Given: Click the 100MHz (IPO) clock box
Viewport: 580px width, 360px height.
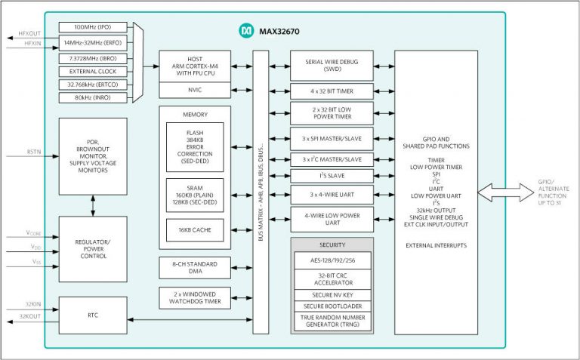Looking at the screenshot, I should coord(93,26).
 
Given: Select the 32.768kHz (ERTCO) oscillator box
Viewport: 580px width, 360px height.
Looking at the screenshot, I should coord(93,85).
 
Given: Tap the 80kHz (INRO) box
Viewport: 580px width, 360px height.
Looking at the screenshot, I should coord(93,97).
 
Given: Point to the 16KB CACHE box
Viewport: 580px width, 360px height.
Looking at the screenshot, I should coord(195,229).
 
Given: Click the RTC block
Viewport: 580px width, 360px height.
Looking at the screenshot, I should coord(93,316).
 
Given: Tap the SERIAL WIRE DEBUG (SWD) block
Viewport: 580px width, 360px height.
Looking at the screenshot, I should coord(332,66).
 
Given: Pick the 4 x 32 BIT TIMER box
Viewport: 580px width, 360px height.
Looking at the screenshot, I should coord(332,91).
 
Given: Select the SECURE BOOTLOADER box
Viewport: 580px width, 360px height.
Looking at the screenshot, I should coord(332,306).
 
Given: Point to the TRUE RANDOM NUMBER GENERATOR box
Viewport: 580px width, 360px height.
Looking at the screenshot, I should coord(332,322).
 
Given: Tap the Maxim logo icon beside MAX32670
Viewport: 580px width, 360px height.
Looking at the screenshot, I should coord(246,30).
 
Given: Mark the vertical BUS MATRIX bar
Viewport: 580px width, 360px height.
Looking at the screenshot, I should coord(261,192).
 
